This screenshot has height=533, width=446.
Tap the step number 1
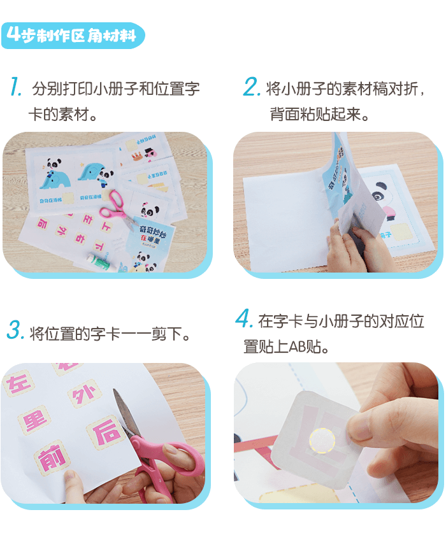(x=16, y=87)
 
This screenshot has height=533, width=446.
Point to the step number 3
(x=15, y=331)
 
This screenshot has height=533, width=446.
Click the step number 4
(x=244, y=318)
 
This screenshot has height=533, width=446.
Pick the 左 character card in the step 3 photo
(x=18, y=384)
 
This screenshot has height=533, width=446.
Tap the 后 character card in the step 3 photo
(x=106, y=433)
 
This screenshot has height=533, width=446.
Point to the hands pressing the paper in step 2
(x=360, y=245)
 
